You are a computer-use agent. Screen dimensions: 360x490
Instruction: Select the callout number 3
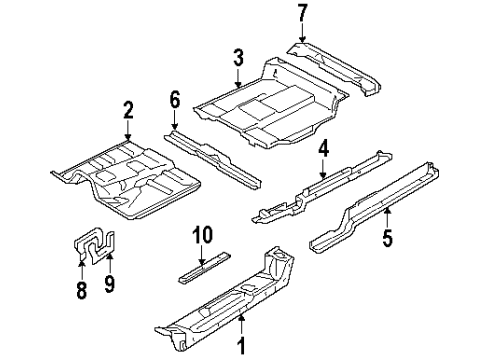(x=237, y=57)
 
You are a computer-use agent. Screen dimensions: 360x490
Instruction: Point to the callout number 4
(x=323, y=150)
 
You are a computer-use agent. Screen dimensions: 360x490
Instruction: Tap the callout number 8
(x=82, y=291)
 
